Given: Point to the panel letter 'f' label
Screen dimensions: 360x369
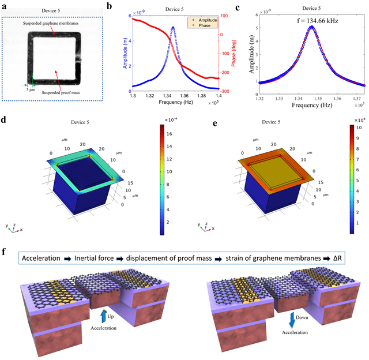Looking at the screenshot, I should pos(5,253).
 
